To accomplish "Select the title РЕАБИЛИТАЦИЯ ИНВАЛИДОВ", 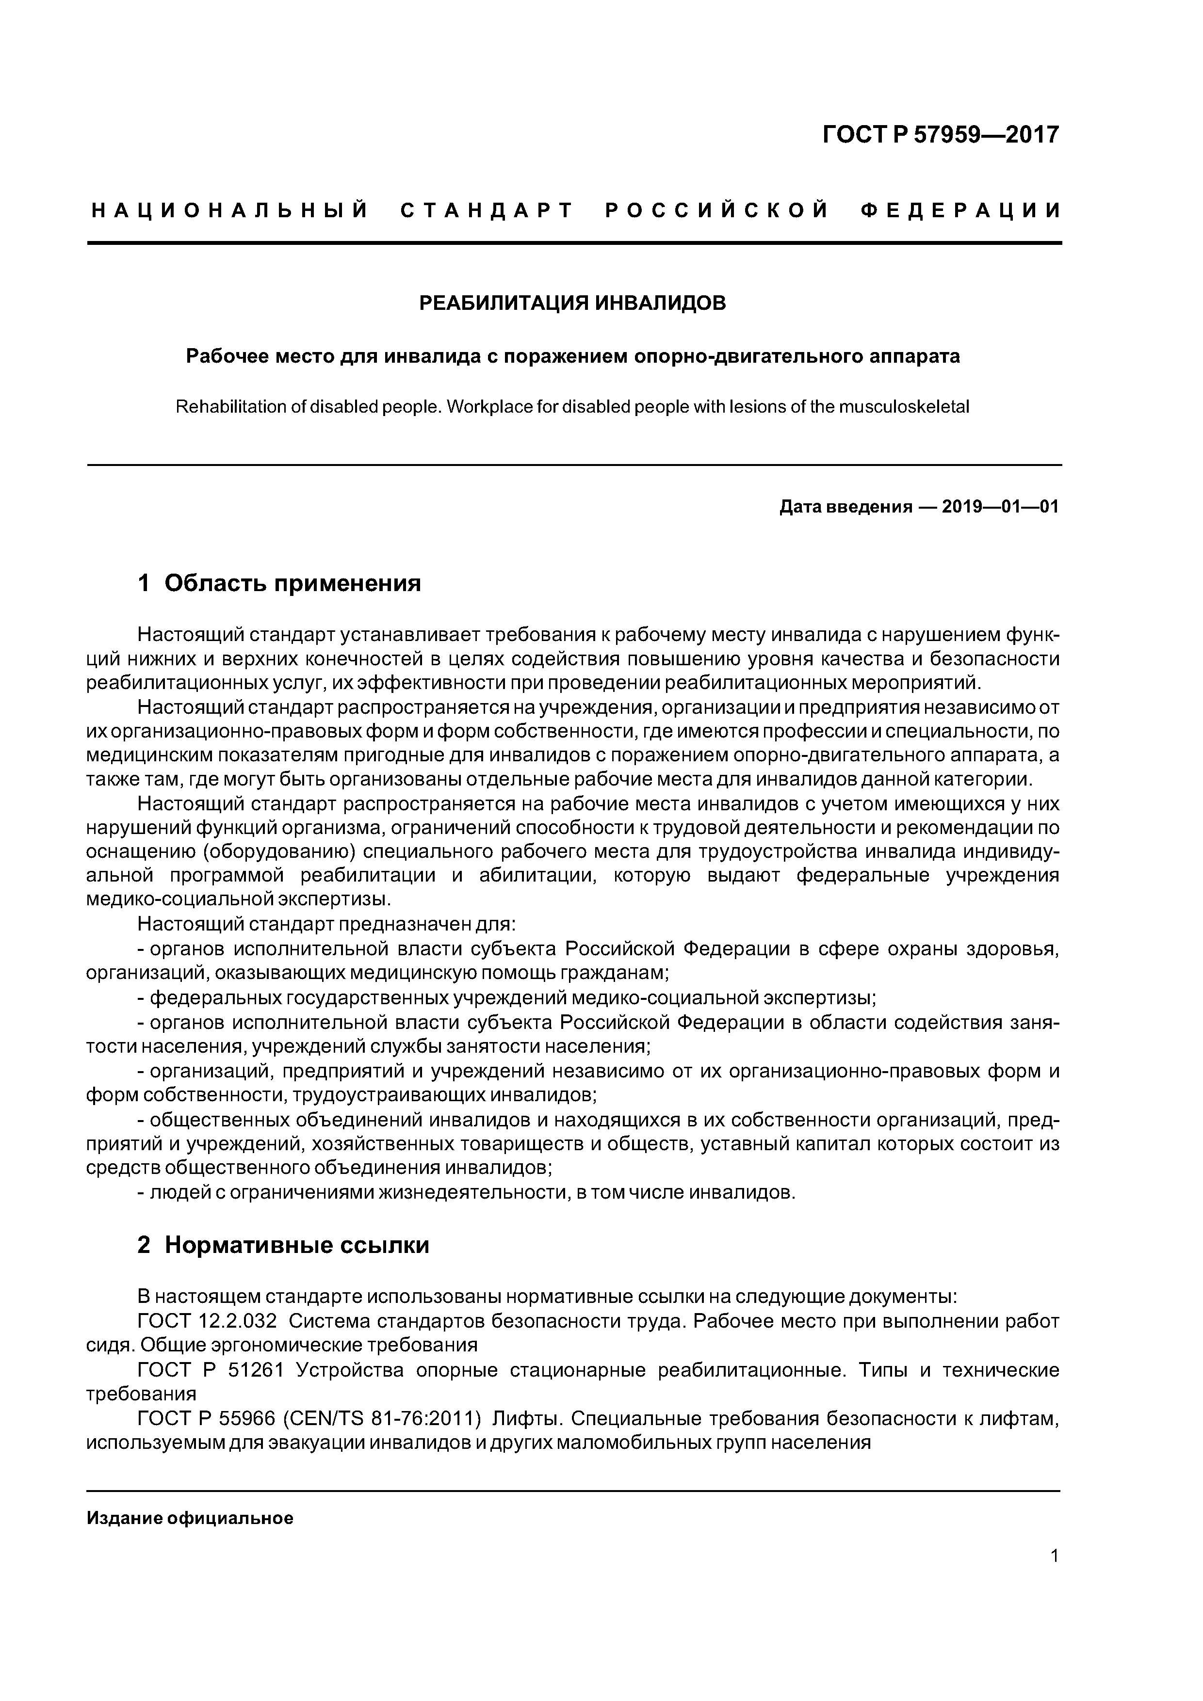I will (573, 303).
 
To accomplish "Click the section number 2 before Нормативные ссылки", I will (144, 1245).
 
